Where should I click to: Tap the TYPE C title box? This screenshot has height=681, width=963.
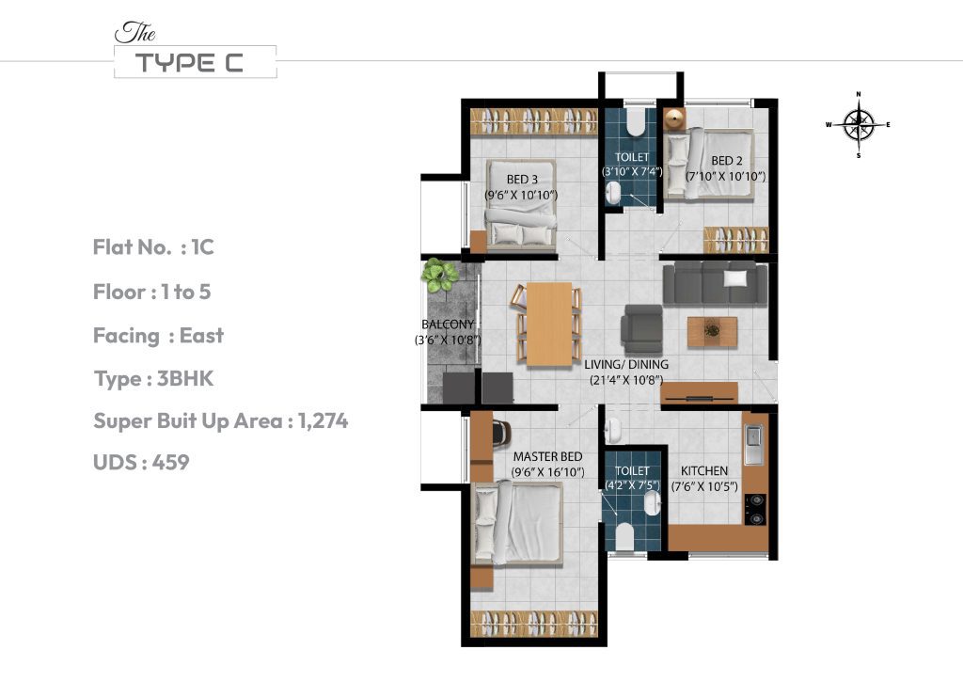click(195, 62)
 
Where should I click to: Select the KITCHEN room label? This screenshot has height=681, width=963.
click(703, 470)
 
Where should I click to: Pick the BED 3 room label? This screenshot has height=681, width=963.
click(522, 180)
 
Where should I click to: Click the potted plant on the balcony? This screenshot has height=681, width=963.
click(437, 276)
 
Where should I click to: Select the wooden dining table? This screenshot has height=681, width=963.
click(549, 324)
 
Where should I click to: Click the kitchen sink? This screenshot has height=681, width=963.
click(754, 446)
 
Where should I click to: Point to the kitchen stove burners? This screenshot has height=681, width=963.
click(754, 510)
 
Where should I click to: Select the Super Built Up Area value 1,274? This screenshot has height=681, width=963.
click(323, 420)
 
